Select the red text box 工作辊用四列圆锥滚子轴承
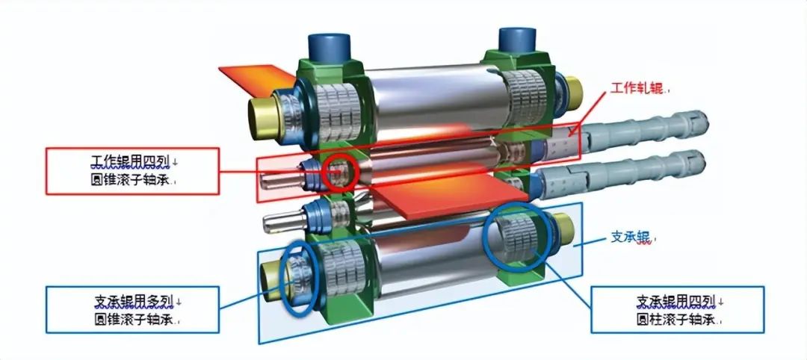(x=133, y=171)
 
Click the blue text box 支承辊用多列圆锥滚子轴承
(x=133, y=310)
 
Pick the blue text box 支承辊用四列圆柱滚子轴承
(x=677, y=310)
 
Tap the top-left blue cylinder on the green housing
(x=330, y=47)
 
